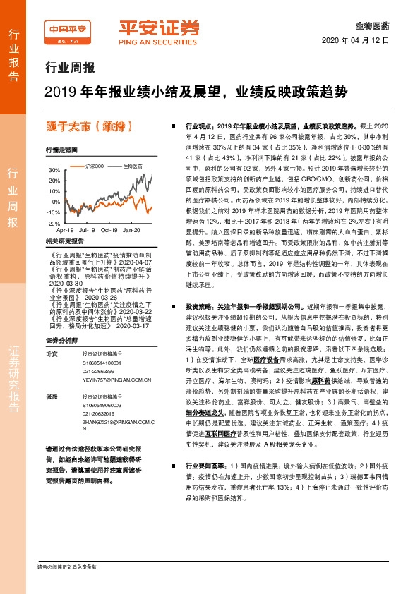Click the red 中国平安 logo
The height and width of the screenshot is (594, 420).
[68, 29]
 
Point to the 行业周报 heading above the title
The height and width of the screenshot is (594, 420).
[69, 68]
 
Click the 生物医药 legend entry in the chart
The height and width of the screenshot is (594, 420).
[132, 166]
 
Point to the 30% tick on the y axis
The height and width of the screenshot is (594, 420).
[54, 170]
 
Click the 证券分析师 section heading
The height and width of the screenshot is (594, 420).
[61, 319]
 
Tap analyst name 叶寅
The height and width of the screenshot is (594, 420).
[50, 334]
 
